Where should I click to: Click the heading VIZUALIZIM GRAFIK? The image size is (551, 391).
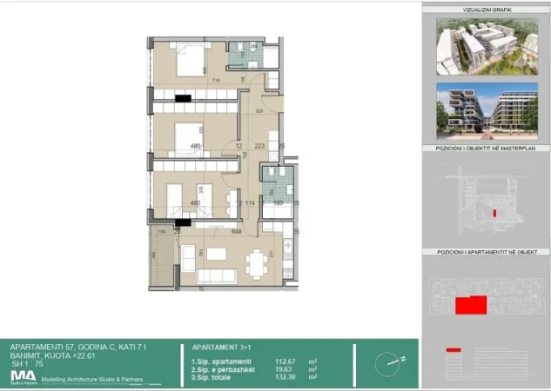point(486,10)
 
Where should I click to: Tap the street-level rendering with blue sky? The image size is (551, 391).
point(486,109)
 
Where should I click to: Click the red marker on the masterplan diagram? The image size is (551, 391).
point(494,212)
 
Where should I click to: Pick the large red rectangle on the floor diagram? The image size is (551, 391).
point(471,304)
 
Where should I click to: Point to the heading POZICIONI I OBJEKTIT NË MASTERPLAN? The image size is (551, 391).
point(486,149)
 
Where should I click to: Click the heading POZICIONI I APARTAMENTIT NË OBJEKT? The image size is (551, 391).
point(486,251)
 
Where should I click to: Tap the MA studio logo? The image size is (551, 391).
point(23,375)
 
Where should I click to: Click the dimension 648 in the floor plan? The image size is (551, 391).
point(236,232)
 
